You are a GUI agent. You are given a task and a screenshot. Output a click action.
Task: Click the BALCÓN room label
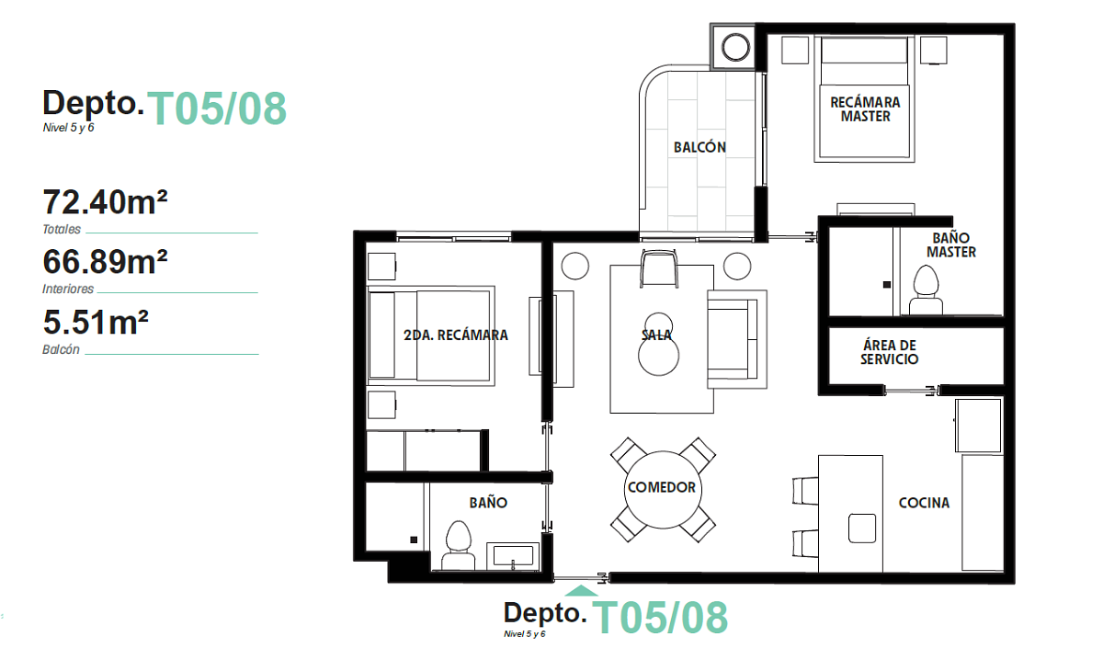click(699, 147)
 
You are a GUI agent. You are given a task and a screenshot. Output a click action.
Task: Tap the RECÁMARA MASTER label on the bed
click(865, 109)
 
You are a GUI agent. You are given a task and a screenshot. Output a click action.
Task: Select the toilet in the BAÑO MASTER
click(926, 290)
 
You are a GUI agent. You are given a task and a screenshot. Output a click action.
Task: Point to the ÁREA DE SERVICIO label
click(890, 352)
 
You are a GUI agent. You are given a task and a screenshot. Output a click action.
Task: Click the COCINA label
click(924, 503)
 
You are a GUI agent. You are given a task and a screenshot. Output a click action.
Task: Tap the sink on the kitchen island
click(862, 529)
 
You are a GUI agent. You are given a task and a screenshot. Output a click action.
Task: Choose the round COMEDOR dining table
click(663, 489)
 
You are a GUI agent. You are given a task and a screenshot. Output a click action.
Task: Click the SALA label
click(656, 335)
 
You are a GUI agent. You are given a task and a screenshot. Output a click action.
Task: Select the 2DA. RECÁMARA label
click(456, 335)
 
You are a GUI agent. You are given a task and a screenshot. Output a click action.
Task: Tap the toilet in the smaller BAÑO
click(459, 546)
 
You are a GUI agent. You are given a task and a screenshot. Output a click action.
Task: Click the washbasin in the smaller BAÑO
click(513, 555)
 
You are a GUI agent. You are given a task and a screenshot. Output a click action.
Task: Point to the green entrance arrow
click(582, 590)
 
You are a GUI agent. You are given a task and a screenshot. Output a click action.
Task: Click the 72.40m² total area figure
click(105, 202)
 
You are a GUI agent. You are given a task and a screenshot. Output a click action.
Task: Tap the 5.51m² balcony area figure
click(96, 322)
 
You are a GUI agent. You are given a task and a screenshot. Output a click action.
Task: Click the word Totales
click(62, 230)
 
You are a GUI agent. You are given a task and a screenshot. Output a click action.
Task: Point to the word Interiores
click(68, 289)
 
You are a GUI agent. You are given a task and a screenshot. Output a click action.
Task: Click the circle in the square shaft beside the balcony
click(735, 47)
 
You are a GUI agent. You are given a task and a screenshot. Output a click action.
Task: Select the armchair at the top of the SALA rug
click(659, 268)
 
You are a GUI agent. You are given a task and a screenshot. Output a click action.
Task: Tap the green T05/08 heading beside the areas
click(217, 108)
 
